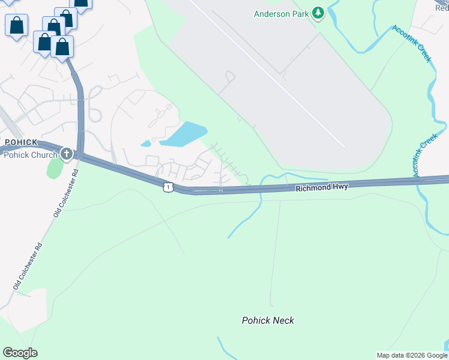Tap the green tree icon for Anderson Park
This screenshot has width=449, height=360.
[x=318, y=13]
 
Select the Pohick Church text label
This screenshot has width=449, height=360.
[x=30, y=155]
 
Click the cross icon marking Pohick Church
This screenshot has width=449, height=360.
[x=66, y=154]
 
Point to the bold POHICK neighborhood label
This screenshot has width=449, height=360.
[x=21, y=142]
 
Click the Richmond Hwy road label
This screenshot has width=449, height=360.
[x=321, y=188]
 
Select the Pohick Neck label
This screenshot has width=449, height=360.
[x=268, y=320]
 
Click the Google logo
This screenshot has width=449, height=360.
[x=20, y=352]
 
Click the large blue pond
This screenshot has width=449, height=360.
[x=184, y=134]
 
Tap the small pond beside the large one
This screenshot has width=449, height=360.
[x=146, y=143]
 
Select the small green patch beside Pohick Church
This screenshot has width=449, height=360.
[x=54, y=167]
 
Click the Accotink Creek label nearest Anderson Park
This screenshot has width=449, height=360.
[x=412, y=43]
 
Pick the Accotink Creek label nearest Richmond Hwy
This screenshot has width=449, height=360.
[x=424, y=155]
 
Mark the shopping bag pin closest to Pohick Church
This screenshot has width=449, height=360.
[x=62, y=47]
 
